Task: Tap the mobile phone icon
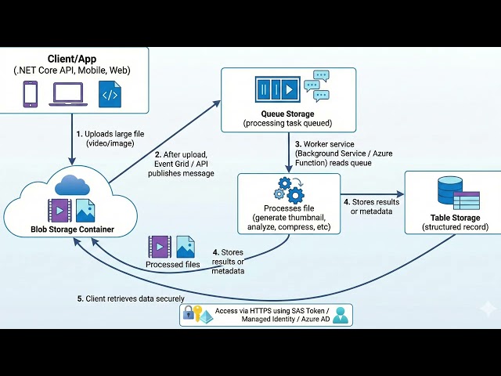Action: [31, 93]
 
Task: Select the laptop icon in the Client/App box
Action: [69, 94]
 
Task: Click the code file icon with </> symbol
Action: [110, 93]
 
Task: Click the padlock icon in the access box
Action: [189, 314]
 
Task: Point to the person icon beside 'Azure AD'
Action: [341, 315]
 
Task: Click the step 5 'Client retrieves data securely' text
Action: [129, 298]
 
